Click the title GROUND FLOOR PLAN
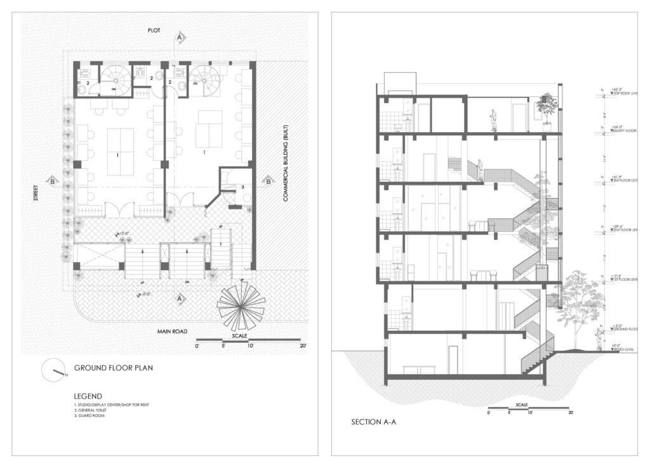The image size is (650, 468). pos(113,368)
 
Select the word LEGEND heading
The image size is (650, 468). pos(88,396)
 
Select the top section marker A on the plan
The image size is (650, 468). pos(180,38)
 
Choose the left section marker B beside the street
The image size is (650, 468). pos(51,182)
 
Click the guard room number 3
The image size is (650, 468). pos(242,187)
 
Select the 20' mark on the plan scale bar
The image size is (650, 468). pos(303,346)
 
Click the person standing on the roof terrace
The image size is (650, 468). pos(493,120)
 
